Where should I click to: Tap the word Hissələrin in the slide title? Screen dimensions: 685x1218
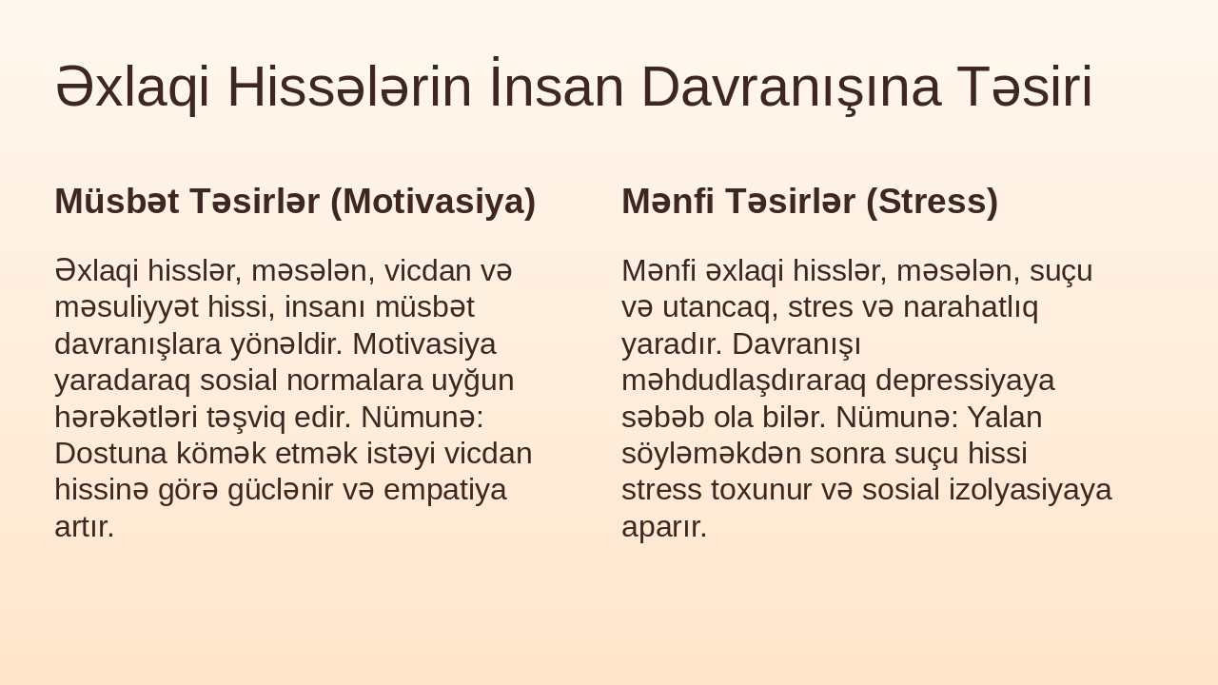pos(349,87)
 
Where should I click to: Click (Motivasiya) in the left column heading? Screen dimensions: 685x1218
pos(433,202)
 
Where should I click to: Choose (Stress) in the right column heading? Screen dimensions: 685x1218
pos(932,202)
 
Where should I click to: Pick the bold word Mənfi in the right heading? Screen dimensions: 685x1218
pos(667,202)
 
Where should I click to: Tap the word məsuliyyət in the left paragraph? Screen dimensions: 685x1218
pos(127,307)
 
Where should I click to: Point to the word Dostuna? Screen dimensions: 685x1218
pos(108,453)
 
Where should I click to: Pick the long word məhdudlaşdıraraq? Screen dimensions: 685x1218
pos(744,380)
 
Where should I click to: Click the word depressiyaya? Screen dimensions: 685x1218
pos(965,380)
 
